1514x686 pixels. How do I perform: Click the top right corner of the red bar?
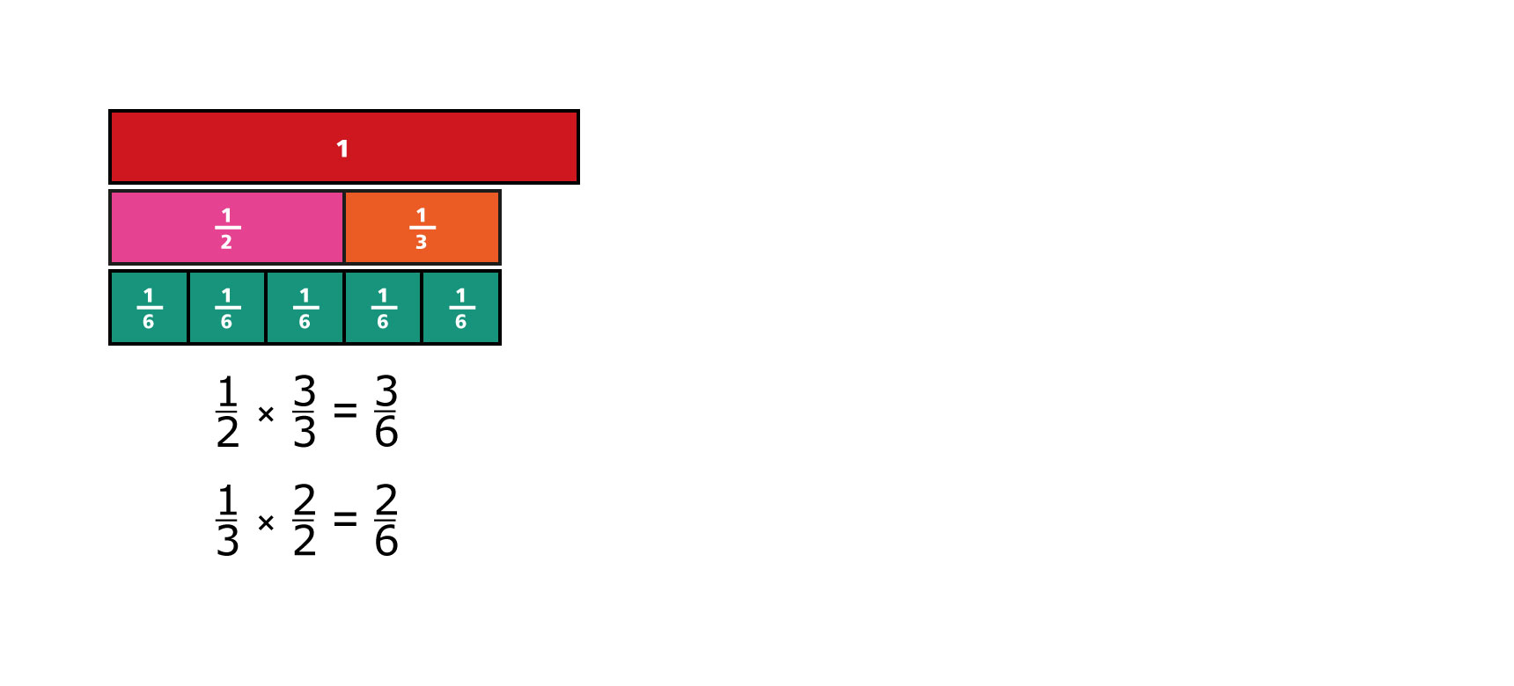[579, 110]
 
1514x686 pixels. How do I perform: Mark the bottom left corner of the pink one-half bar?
[109, 264]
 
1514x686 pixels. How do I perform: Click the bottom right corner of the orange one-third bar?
[501, 264]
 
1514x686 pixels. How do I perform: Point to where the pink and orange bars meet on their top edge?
[343, 190]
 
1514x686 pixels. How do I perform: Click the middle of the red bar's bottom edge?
[344, 183]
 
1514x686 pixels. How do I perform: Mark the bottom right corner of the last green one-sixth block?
[501, 344]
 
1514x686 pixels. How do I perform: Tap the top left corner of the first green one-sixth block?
[109, 270]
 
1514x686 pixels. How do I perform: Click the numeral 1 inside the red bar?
[342, 149]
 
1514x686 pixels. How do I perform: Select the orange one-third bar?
[423, 227]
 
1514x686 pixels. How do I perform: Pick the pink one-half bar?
[226, 227]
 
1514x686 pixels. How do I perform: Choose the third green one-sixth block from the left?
[305, 308]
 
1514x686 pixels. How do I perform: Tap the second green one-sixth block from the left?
[227, 308]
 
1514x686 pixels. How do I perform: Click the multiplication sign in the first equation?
[266, 413]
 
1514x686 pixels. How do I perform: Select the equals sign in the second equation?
[345, 519]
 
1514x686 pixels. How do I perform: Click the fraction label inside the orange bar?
[422, 228]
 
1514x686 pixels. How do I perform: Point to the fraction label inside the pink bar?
[227, 228]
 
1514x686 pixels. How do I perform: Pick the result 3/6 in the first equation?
[386, 411]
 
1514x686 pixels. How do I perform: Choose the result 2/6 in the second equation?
[386, 520]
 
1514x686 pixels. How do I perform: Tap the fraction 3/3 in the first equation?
[305, 411]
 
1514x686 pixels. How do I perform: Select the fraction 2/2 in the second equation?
[305, 520]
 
